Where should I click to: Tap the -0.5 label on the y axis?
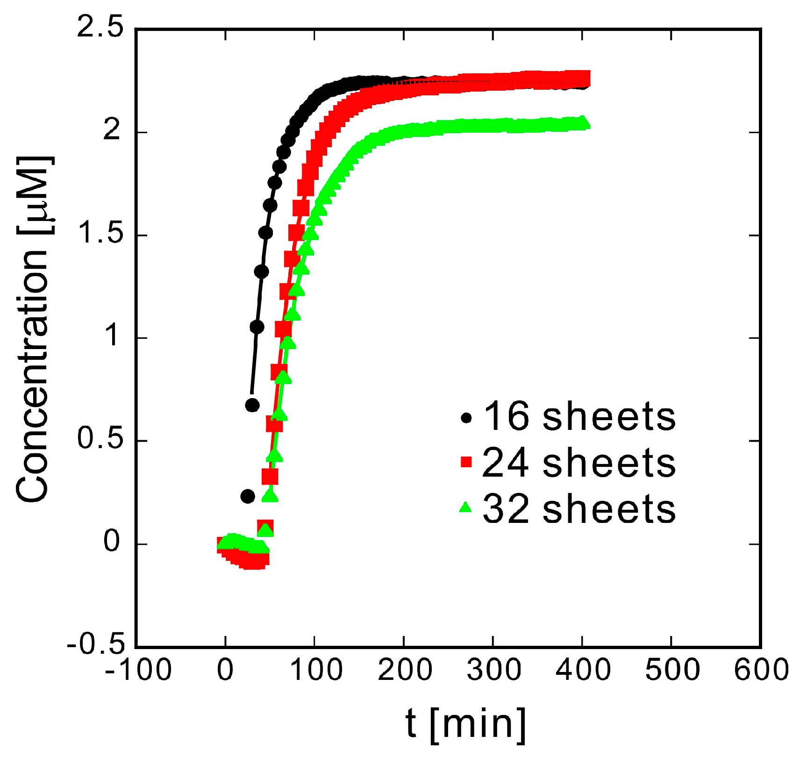96,645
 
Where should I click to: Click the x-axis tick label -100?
138,670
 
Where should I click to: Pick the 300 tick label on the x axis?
494,670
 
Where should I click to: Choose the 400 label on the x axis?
583,670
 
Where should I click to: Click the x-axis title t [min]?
465,724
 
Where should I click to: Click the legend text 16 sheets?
579,416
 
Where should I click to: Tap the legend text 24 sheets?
579,463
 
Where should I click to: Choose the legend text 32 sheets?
579,508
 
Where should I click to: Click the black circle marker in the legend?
466,418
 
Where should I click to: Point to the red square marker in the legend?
466,463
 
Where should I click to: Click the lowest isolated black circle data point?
247,496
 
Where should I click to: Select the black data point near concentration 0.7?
252,405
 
